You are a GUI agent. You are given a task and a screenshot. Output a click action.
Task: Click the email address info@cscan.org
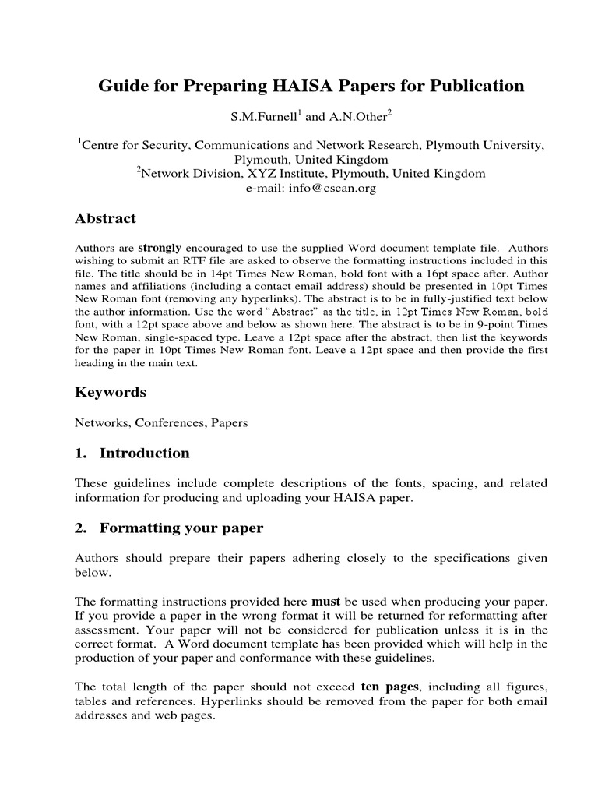click(x=311, y=188)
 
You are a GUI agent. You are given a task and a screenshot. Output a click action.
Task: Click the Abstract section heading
click(x=105, y=219)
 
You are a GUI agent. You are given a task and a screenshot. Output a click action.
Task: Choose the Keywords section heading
click(x=110, y=393)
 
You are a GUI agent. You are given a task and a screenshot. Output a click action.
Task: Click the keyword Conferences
click(x=171, y=423)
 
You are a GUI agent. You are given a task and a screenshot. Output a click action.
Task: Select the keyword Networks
click(x=101, y=423)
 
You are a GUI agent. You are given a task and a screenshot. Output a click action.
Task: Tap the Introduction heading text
click(x=144, y=454)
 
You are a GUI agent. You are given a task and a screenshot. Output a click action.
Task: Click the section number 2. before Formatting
click(x=79, y=528)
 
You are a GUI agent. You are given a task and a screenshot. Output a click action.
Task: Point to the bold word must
click(x=326, y=602)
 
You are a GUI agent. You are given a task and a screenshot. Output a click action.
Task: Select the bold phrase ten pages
click(x=390, y=687)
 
